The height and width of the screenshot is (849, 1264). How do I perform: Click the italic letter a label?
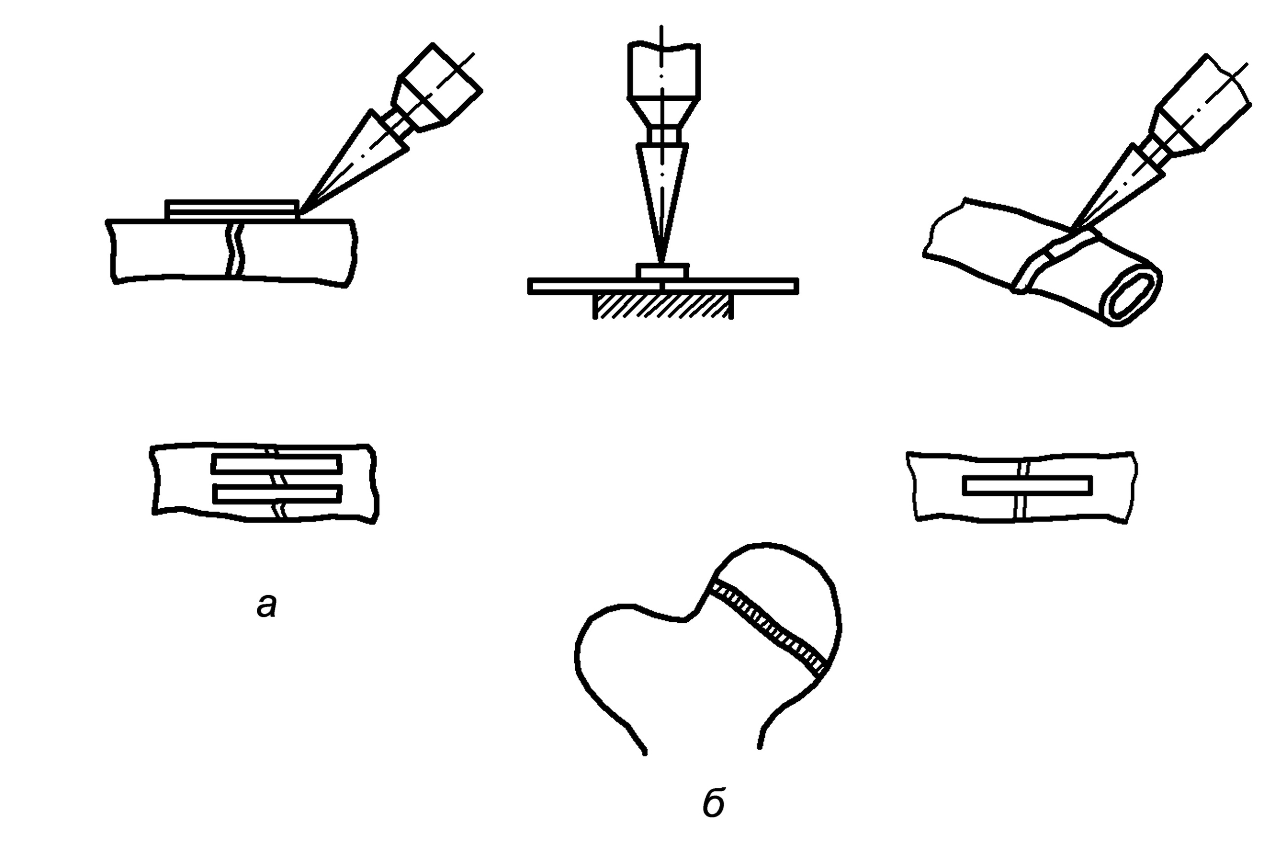[x=266, y=606]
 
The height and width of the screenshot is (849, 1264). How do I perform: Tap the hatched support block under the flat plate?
[x=664, y=306]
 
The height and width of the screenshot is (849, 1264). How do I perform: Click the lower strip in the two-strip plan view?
[x=276, y=493]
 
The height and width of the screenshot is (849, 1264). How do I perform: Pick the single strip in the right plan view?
[x=1027, y=485]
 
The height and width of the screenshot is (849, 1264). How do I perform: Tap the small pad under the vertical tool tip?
[x=663, y=271]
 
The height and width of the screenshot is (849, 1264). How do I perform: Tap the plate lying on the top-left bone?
[x=232, y=209]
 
